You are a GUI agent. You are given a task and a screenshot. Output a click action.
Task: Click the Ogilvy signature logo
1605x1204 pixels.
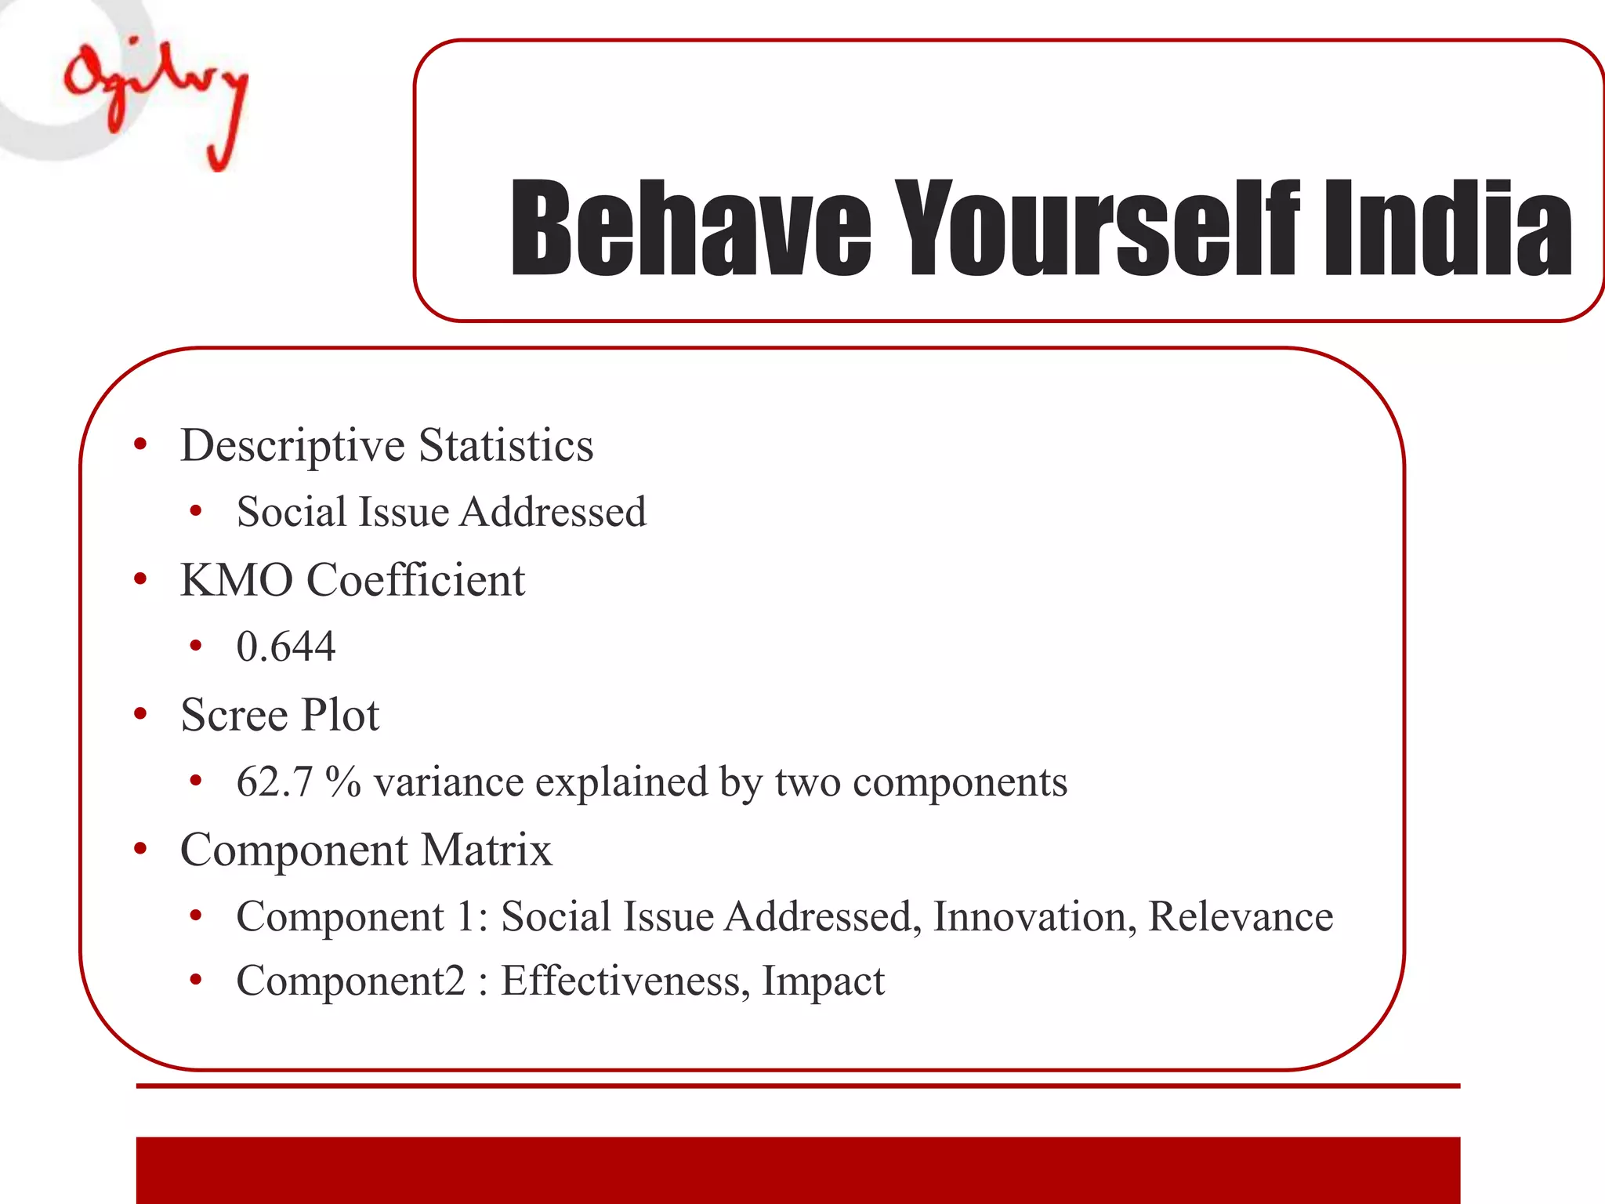pos(157,98)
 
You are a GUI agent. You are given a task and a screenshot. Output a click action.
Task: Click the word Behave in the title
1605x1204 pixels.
pos(690,229)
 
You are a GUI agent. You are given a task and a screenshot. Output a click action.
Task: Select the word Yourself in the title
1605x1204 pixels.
pos(1097,229)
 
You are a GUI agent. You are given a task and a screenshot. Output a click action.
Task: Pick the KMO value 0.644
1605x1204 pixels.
pos(286,647)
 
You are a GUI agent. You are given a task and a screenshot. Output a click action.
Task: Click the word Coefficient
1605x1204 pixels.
pos(415,581)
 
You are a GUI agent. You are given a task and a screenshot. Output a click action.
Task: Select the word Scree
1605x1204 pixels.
pos(234,715)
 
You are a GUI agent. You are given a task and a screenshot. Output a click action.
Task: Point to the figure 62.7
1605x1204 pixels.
pos(274,782)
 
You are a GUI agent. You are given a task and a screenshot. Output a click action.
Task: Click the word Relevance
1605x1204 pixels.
pos(1240,916)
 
